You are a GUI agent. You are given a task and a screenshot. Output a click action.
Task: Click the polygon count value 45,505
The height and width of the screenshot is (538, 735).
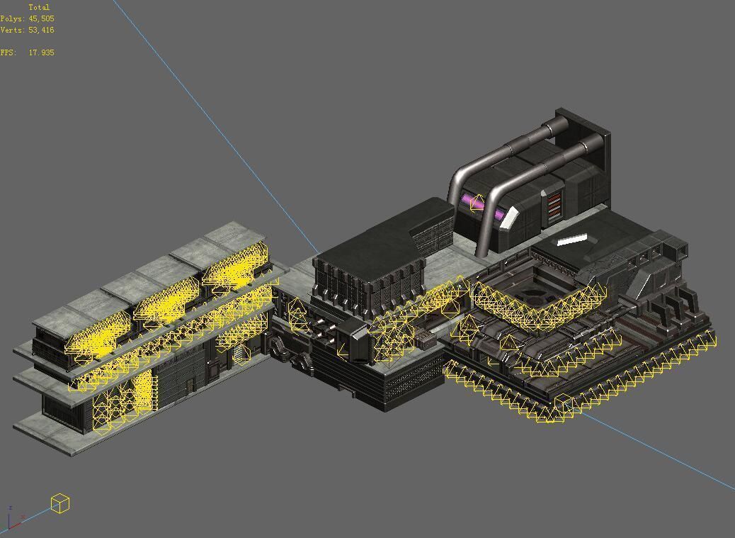(x=41, y=18)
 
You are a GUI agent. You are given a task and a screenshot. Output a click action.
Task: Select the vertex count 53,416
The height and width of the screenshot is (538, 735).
(x=41, y=30)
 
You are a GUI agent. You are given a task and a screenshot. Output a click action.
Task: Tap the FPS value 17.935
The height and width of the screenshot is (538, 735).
(x=41, y=52)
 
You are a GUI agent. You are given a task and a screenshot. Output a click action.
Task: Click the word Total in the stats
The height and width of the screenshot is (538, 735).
(x=39, y=8)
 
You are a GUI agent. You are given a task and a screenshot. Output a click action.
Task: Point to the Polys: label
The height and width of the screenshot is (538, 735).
(x=13, y=18)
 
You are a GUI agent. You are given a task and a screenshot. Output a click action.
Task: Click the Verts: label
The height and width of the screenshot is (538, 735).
(x=13, y=30)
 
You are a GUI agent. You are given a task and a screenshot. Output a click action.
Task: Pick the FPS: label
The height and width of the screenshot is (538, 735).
(x=8, y=52)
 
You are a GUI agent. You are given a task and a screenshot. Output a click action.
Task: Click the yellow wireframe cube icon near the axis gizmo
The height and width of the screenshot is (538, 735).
(x=60, y=503)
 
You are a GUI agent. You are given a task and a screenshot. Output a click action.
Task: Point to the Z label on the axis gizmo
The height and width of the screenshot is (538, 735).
(x=10, y=508)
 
